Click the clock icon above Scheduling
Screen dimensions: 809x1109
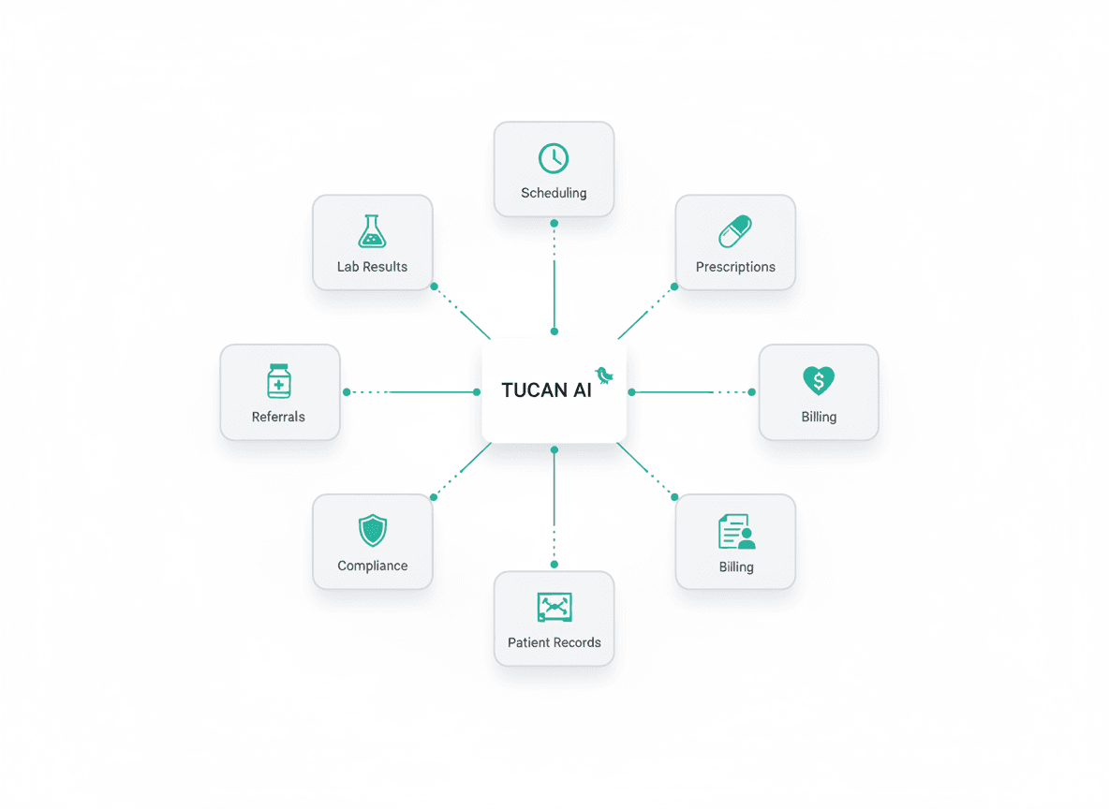click(554, 158)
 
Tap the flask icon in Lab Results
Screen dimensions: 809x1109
click(372, 231)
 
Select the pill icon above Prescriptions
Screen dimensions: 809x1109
click(735, 231)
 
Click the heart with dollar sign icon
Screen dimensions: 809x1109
click(819, 380)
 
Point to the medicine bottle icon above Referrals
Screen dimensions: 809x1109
click(278, 381)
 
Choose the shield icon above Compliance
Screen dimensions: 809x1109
click(372, 531)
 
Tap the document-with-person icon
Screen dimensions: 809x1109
click(736, 531)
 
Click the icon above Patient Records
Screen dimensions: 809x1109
click(554, 607)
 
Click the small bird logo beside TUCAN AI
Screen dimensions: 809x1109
click(604, 375)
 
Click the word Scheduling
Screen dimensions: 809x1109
click(554, 193)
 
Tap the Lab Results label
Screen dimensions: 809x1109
click(372, 267)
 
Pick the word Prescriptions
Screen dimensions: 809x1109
click(735, 267)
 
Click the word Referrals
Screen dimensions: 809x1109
click(278, 417)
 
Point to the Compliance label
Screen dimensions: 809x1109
click(372, 566)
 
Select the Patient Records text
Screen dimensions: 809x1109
click(554, 642)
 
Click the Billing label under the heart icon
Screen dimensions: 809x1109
click(819, 417)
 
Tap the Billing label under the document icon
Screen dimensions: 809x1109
click(736, 566)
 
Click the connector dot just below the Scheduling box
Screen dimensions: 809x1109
click(554, 223)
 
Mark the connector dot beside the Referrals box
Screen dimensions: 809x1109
click(347, 392)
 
